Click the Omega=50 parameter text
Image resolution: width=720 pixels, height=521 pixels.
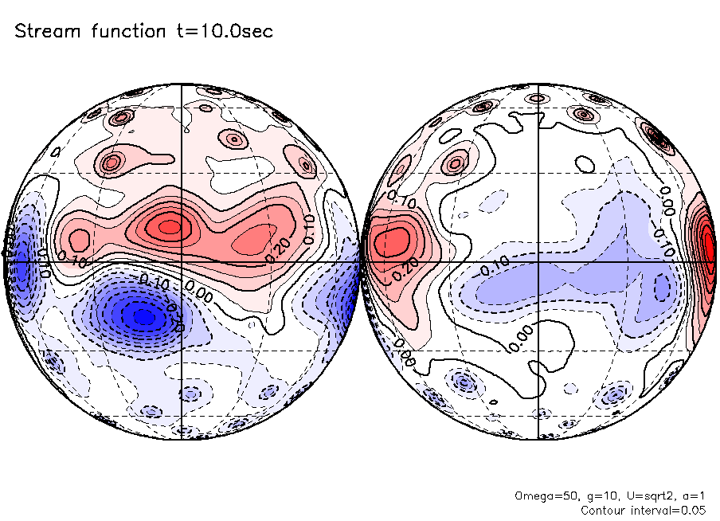pos(542,496)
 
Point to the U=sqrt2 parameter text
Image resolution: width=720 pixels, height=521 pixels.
pos(642,496)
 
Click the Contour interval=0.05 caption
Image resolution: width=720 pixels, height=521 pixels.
pos(642,510)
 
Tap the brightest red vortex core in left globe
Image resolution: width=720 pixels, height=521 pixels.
pos(170,227)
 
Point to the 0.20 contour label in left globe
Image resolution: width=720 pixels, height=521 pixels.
pos(280,245)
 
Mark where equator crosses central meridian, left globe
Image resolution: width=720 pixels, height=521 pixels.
pos(182,261)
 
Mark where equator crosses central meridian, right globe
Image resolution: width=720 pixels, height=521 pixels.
pos(539,261)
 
